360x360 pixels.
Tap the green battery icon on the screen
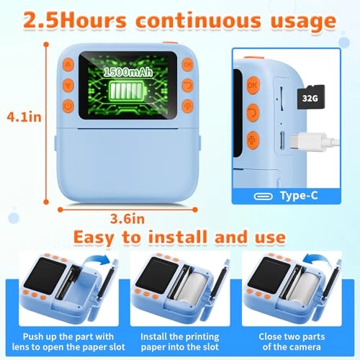coord(120,93)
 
